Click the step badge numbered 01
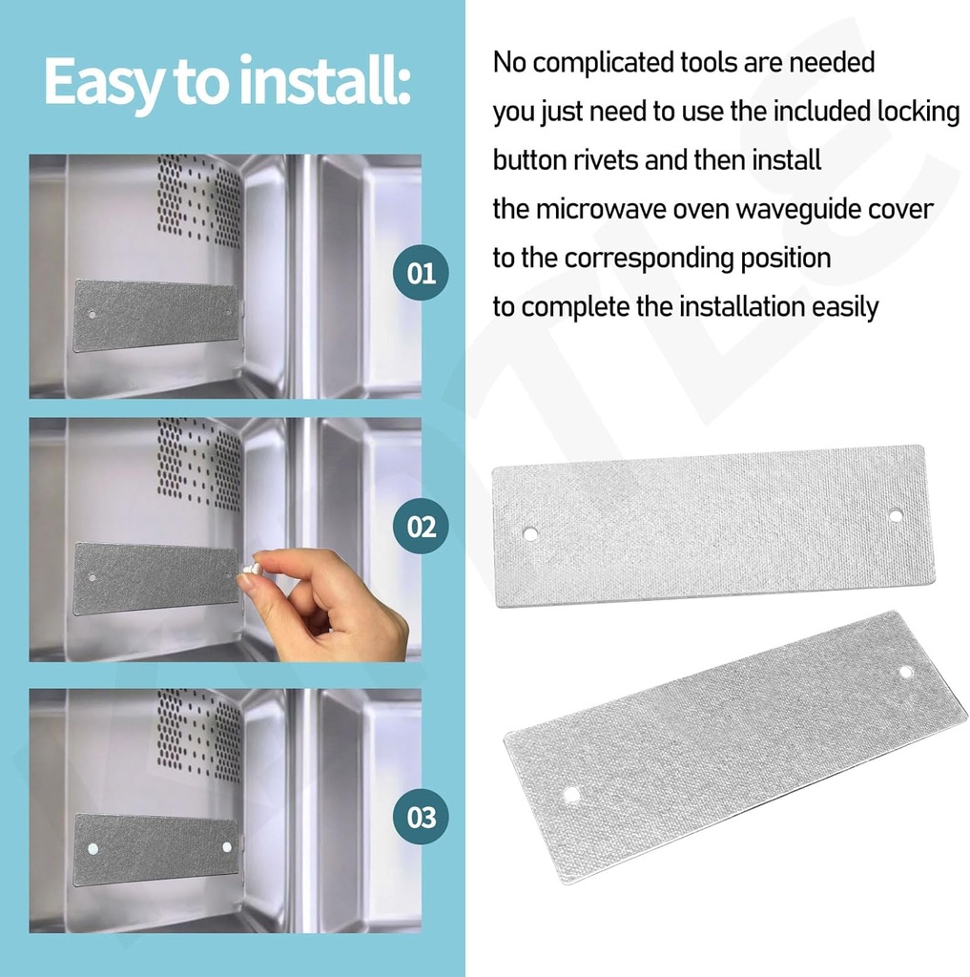tap(422, 274)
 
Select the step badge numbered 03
tap(422, 817)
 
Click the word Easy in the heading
tap(100, 84)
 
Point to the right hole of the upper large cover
tap(895, 515)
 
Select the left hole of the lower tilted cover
tap(571, 794)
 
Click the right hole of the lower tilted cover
tap(905, 672)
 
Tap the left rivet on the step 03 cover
tap(93, 848)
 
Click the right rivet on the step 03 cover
tap(227, 846)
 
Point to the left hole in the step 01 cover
tap(93, 313)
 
